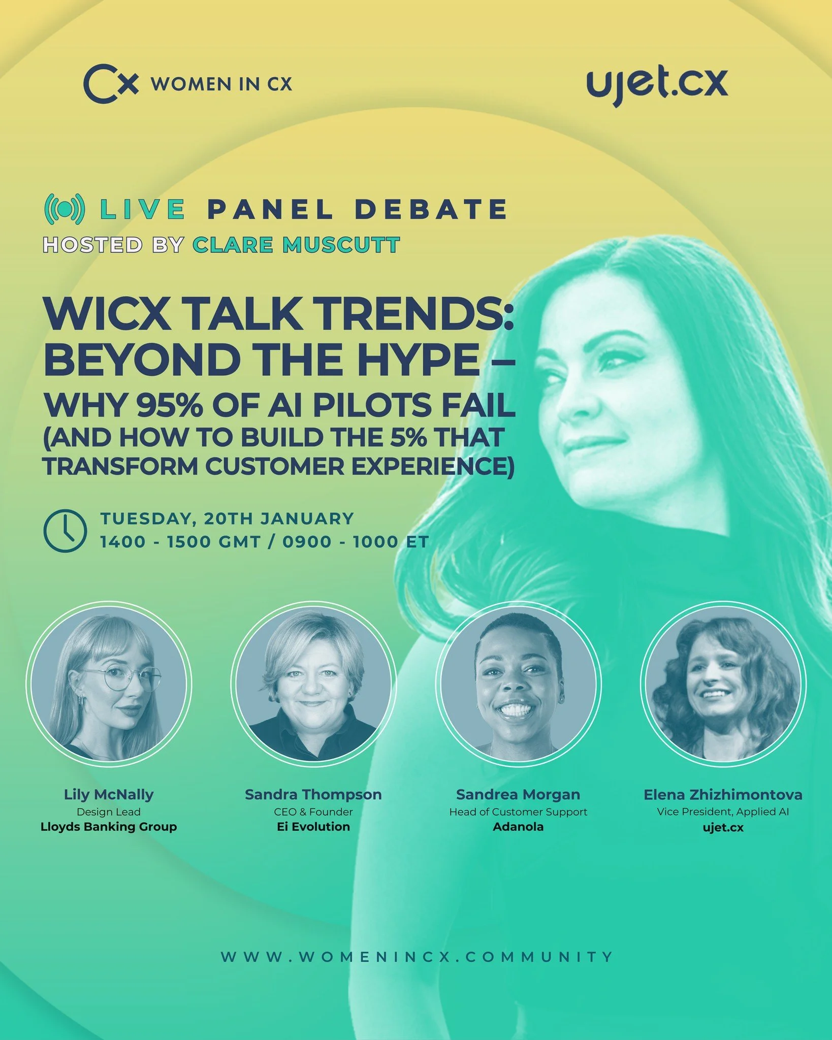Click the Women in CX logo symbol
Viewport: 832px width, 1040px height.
coord(111,83)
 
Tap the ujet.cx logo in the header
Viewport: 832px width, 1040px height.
coord(657,84)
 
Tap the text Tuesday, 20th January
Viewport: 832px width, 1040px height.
coord(227,518)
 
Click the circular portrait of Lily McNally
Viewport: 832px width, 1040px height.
coord(109,685)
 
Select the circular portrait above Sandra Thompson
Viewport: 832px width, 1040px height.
coord(313,685)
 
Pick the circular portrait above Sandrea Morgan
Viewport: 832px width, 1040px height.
coord(518,685)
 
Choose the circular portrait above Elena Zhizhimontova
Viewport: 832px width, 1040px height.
coord(723,685)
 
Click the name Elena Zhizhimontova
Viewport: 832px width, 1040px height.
coord(723,795)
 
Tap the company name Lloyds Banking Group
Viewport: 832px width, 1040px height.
coord(109,827)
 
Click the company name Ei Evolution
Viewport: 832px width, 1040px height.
coord(313,827)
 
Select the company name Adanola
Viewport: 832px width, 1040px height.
coord(518,827)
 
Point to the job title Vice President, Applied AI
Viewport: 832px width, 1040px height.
coord(723,811)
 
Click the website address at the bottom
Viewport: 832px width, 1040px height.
coord(417,957)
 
